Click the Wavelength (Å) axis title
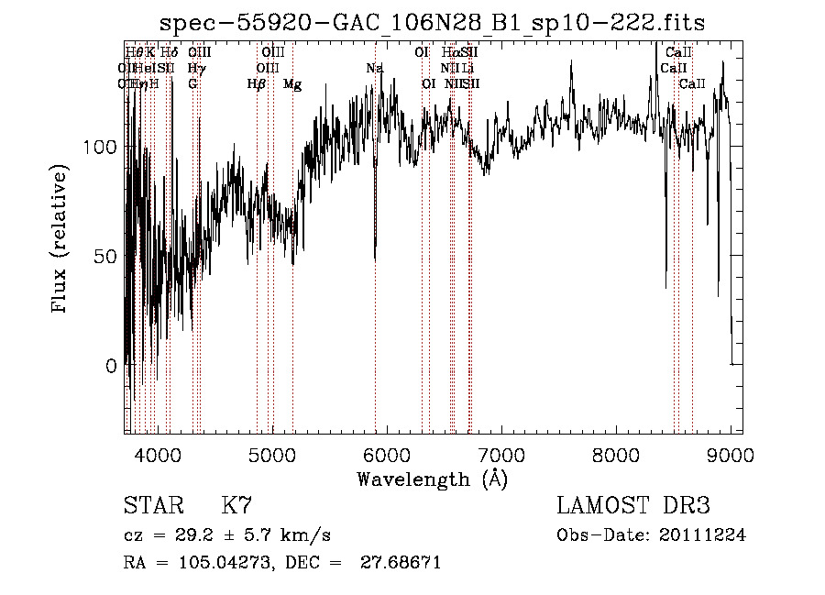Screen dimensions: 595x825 (x=432, y=479)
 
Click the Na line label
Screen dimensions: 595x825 (x=374, y=69)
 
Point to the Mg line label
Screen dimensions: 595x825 (x=292, y=84)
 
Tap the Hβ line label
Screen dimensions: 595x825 (x=257, y=84)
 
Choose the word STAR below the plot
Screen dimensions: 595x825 (x=149, y=506)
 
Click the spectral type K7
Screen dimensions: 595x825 (x=236, y=506)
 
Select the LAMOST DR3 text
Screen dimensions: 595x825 (x=633, y=506)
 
